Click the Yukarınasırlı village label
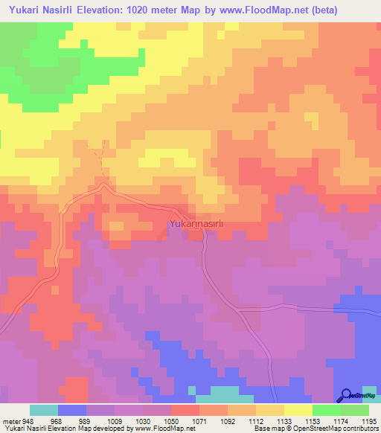(x=191, y=222)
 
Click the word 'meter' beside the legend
(x=13, y=421)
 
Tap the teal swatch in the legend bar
(x=44, y=410)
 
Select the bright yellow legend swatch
(x=298, y=410)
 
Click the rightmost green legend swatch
(x=355, y=410)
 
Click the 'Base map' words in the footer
(x=266, y=429)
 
